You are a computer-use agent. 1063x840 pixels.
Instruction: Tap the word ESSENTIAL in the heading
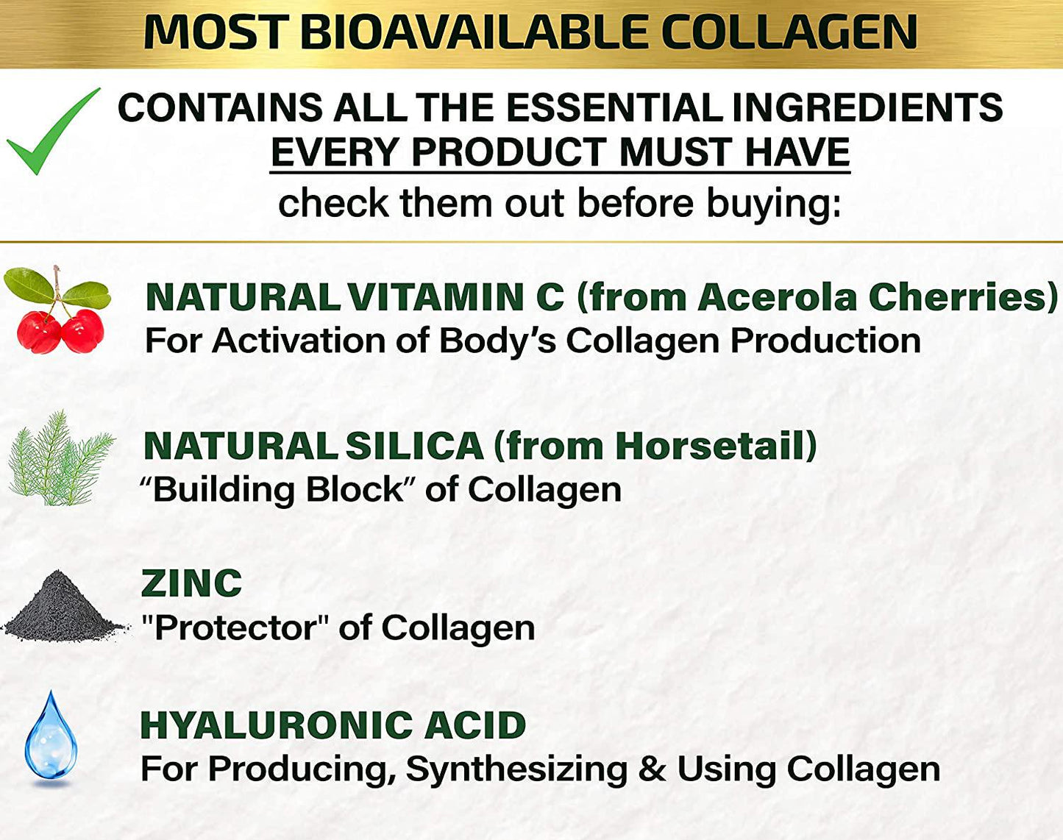pyautogui.click(x=614, y=107)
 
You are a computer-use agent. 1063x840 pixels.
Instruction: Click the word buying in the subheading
pyautogui.click(x=772, y=203)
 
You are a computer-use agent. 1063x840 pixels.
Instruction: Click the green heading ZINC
pyautogui.click(x=191, y=584)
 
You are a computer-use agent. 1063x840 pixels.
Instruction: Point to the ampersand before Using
pyautogui.click(x=652, y=769)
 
